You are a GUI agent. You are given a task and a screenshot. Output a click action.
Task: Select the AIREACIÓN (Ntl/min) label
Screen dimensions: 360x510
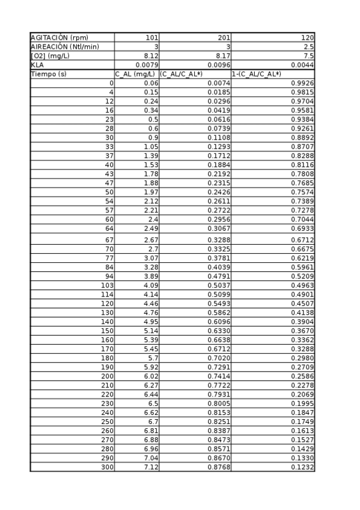pyautogui.click(x=64, y=47)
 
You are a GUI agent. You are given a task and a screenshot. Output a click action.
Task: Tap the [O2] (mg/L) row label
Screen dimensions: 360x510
pyautogui.click(x=50, y=56)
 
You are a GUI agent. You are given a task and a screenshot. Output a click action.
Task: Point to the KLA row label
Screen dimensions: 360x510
pyautogui.click(x=37, y=65)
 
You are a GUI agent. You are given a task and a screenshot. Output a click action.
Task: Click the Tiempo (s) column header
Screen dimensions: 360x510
pyautogui.click(x=49, y=74)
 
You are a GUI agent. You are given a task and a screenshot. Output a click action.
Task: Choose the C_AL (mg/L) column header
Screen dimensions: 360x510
pyautogui.click(x=136, y=74)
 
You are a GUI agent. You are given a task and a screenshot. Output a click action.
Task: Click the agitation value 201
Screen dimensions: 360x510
pyautogui.click(x=224, y=38)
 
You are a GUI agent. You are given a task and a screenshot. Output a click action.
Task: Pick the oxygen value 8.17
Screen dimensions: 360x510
pyautogui.click(x=223, y=56)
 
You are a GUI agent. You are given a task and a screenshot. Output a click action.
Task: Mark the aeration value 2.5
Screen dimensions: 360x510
pyautogui.click(x=308, y=47)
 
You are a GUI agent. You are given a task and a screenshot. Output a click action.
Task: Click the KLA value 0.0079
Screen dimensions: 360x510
pyautogui.click(x=147, y=65)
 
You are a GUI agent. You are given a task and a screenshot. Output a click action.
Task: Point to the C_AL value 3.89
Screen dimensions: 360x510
pyautogui.click(x=151, y=277)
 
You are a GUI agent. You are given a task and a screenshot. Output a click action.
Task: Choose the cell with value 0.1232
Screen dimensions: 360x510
pyautogui.click(x=302, y=467)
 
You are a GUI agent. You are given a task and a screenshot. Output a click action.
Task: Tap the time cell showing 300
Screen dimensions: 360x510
pyautogui.click(x=107, y=467)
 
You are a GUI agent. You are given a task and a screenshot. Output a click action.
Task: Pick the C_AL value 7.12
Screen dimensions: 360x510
pyautogui.click(x=151, y=467)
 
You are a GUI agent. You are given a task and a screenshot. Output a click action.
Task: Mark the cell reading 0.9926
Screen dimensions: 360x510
pyautogui.click(x=302, y=83)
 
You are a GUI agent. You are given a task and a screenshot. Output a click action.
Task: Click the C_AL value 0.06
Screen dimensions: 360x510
pyautogui.click(x=151, y=83)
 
